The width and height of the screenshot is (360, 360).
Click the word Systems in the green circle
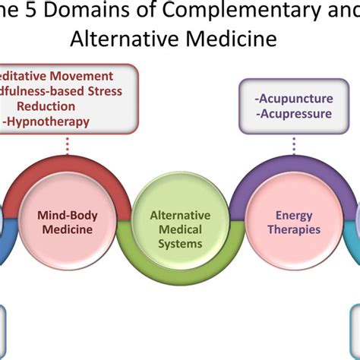[x=181, y=245]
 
